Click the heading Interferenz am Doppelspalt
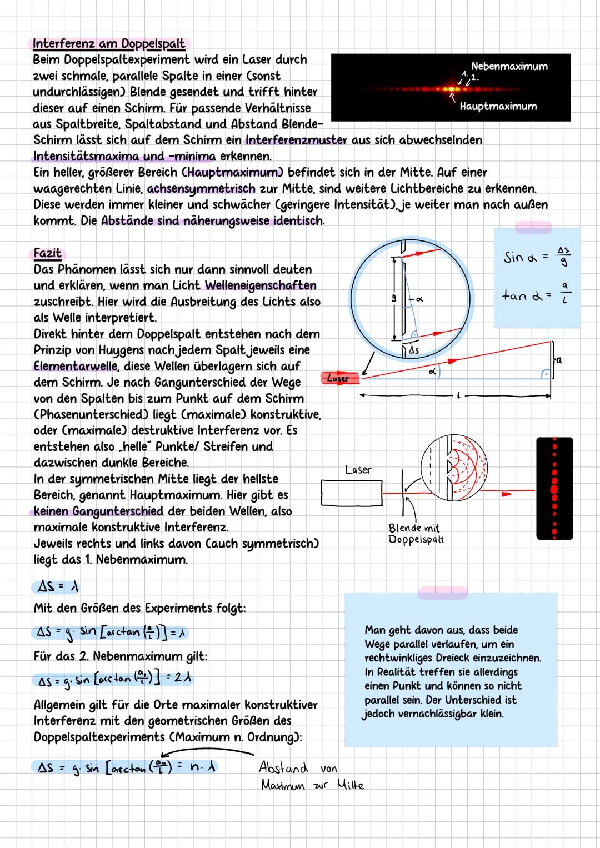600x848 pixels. point(109,43)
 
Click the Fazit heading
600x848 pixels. point(47,253)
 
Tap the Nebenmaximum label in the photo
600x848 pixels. point(509,67)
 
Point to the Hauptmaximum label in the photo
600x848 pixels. point(498,106)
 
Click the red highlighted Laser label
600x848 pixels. point(338,378)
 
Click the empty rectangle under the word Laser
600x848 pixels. point(352,493)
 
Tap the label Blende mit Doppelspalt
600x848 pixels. point(416,534)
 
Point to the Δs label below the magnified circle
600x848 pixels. point(413,351)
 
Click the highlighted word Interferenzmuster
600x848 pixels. point(296,140)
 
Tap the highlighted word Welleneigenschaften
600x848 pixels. point(261,285)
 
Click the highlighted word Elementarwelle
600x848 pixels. point(75,367)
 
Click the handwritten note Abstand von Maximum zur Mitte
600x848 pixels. point(311,776)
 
